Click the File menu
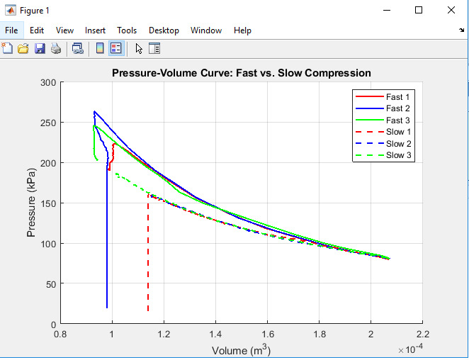click(x=11, y=30)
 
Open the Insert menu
click(x=95, y=30)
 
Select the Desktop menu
click(x=164, y=30)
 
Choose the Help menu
click(x=242, y=30)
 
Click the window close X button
click(x=451, y=10)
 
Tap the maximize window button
click(x=419, y=10)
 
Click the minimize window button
click(x=386, y=10)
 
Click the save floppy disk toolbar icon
click(x=40, y=48)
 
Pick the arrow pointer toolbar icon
click(x=139, y=48)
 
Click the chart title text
click(x=242, y=74)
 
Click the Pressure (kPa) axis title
click(x=33, y=203)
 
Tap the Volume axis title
click(x=241, y=351)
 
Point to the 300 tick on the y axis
click(x=48, y=83)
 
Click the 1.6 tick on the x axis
click(x=268, y=334)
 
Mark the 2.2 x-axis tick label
click(x=422, y=334)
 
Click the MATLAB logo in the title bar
click(x=11, y=10)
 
